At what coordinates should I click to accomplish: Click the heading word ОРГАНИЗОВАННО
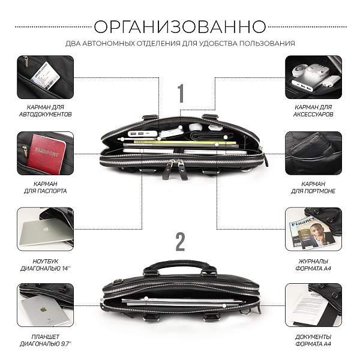180,26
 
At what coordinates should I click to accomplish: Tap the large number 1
180,94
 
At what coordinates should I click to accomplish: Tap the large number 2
180,242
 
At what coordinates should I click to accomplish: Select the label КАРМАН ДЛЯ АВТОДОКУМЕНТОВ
45,110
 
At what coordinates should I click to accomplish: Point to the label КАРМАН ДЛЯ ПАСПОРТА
45,187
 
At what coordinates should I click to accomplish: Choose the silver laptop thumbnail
45,229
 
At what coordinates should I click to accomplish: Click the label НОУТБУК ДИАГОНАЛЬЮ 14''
45,263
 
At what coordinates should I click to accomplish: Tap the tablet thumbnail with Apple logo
45,305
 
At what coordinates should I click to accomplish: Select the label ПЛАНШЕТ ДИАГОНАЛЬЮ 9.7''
45,340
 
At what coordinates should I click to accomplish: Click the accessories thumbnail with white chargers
314,77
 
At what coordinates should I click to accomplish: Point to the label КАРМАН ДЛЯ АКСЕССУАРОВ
314,110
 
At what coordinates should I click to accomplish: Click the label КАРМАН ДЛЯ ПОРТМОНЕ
314,187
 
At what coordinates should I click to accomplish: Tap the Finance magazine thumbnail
314,229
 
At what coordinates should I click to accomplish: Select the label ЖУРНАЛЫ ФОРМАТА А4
314,263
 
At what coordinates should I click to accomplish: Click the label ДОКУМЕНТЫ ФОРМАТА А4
314,340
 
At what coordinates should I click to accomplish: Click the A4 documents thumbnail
314,305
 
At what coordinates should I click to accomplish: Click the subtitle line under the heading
180,43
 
